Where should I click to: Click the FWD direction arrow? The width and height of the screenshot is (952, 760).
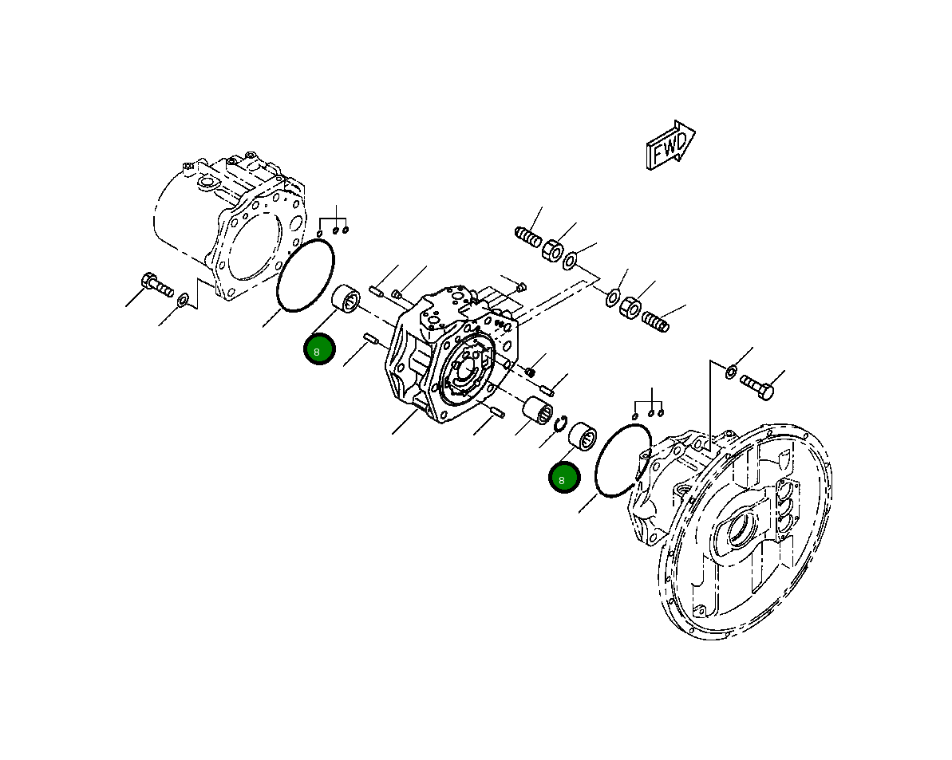pyautogui.click(x=669, y=145)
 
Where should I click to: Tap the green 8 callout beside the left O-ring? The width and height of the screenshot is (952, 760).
pyautogui.click(x=319, y=349)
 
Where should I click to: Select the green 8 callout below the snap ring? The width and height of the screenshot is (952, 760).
pyautogui.click(x=563, y=478)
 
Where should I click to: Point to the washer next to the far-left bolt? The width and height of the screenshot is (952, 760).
pyautogui.click(x=184, y=300)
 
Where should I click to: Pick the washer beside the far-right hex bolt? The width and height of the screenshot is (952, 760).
pyautogui.click(x=731, y=372)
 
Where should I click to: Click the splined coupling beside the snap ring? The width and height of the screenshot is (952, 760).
pyautogui.click(x=537, y=412)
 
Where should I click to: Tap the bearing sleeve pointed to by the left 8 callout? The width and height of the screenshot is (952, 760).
pyautogui.click(x=346, y=300)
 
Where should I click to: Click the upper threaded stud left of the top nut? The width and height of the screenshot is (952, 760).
pyautogui.click(x=528, y=237)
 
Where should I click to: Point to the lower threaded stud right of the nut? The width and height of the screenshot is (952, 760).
pyautogui.click(x=655, y=321)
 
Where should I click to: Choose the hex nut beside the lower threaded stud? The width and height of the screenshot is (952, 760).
pyautogui.click(x=630, y=306)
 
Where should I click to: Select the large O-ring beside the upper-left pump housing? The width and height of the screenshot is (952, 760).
pyautogui.click(x=306, y=274)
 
